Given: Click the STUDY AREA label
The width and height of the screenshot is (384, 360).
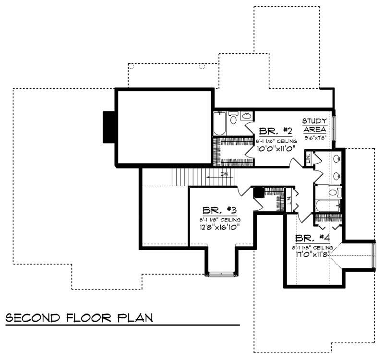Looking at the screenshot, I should coord(314,126).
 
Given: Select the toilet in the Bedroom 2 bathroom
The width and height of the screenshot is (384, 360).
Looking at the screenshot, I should coord(233,118).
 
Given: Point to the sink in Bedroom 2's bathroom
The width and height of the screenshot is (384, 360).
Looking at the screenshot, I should coord(246,116).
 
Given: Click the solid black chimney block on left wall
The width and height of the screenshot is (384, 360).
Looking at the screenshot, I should coord(108,127).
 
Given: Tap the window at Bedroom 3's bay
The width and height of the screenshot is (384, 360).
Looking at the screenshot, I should coord(221,274).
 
